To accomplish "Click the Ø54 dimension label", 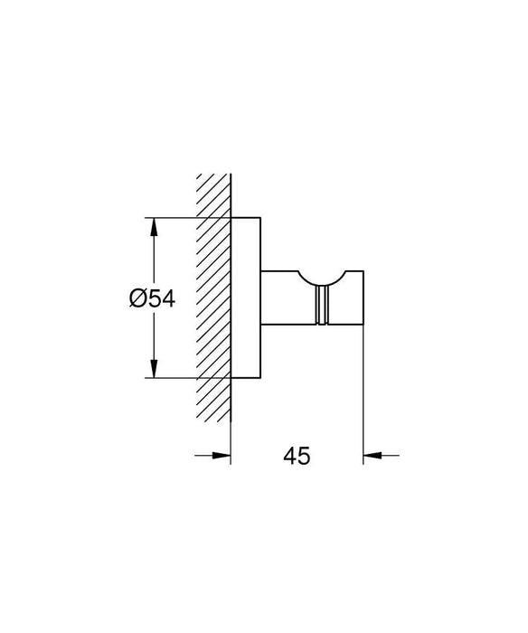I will [x=151, y=298].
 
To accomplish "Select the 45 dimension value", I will [x=297, y=457].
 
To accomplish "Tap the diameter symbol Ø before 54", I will [x=137, y=298].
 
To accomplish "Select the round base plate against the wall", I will [x=246, y=298].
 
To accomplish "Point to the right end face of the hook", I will [x=363, y=298].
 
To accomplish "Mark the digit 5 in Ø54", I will [x=152, y=298].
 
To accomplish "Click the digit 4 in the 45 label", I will [x=290, y=457].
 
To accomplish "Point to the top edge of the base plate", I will [x=246, y=217].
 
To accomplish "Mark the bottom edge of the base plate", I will [x=246, y=378].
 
